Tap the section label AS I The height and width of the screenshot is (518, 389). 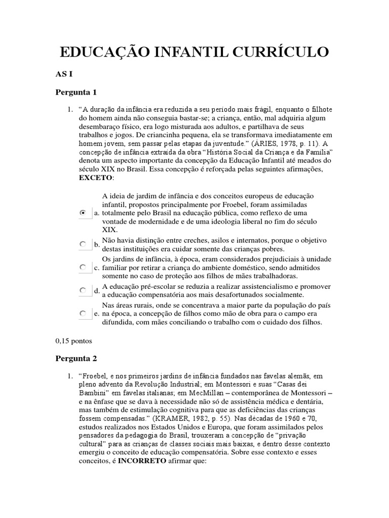[64, 74]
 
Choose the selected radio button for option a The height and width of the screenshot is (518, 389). [83, 213]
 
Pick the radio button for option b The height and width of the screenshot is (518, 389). [83, 244]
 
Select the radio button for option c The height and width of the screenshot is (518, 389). [83, 267]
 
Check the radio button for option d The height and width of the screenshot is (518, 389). [83, 290]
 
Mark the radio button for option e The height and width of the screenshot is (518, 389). [83, 314]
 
